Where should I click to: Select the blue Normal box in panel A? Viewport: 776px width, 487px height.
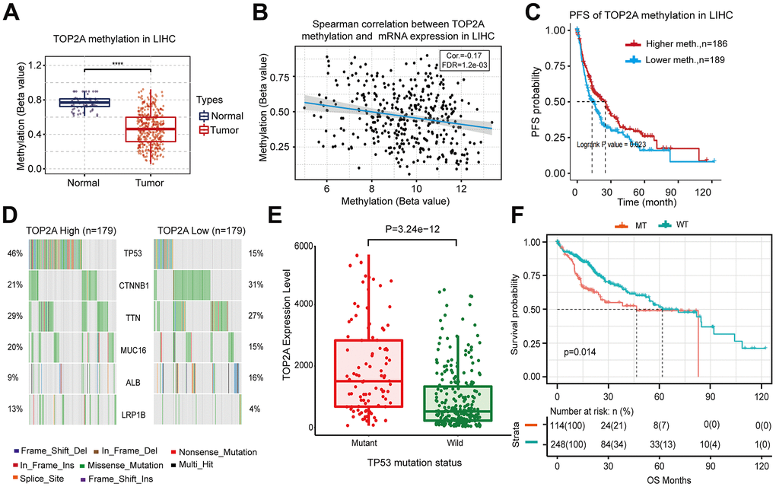pos(84,102)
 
